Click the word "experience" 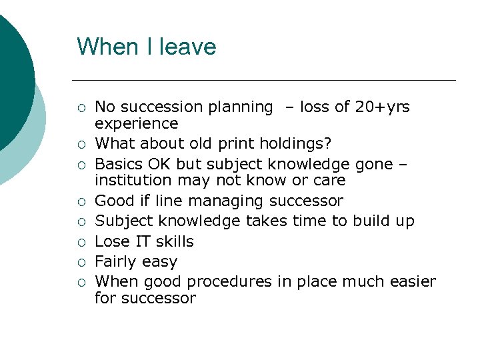[136, 123]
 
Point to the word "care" [330, 181]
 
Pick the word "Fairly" [117, 261]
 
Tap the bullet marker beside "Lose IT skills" [81, 242]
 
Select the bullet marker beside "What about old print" [81, 144]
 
